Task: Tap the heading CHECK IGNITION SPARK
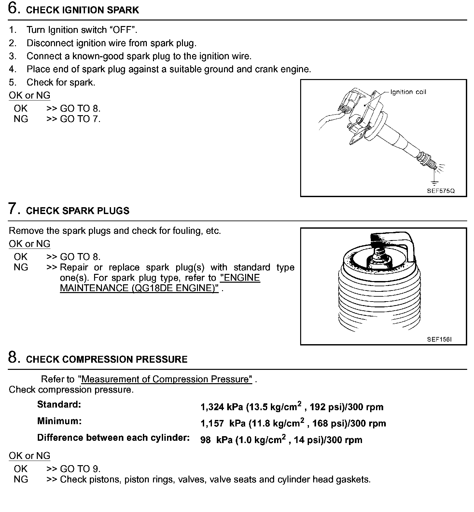point(82,10)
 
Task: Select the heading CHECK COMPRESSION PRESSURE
point(107,359)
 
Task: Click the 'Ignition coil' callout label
point(408,92)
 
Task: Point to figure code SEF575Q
point(440,191)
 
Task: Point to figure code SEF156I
point(439,339)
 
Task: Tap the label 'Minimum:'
point(59,421)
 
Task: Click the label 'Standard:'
point(59,405)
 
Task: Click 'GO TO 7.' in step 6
point(80,119)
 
